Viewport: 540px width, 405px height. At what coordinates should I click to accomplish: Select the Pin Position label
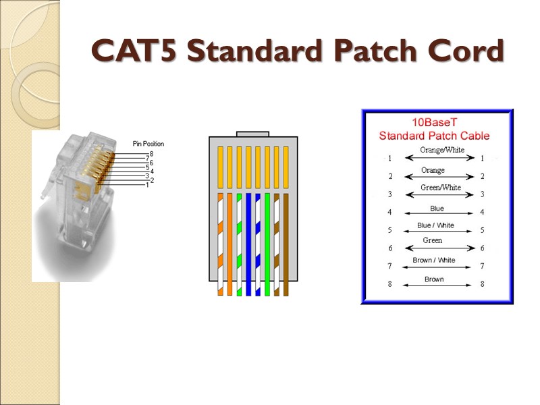click(x=148, y=144)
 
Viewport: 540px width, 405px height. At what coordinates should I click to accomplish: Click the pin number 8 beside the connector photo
click(x=151, y=154)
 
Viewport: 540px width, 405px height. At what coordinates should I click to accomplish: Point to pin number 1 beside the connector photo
click(x=147, y=185)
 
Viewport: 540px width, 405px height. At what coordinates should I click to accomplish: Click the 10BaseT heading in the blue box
click(x=434, y=123)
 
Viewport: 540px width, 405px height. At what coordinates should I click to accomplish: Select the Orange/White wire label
click(x=441, y=150)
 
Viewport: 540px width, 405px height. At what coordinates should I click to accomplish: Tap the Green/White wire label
click(x=441, y=188)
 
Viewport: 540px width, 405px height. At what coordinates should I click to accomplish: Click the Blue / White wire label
click(x=435, y=225)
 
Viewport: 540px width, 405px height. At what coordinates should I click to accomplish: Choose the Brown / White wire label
click(x=433, y=261)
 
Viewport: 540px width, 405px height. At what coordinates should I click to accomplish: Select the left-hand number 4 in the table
click(x=389, y=213)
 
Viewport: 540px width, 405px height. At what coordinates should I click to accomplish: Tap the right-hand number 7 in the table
click(x=482, y=266)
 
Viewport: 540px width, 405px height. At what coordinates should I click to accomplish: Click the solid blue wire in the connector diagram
click(x=248, y=243)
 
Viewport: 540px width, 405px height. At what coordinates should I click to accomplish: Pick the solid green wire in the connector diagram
click(x=267, y=243)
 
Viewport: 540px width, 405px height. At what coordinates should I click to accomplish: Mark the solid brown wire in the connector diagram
click(x=286, y=243)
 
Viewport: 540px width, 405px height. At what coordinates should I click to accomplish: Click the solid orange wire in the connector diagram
click(x=230, y=243)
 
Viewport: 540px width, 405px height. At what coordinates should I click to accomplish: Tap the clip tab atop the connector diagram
click(x=253, y=134)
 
